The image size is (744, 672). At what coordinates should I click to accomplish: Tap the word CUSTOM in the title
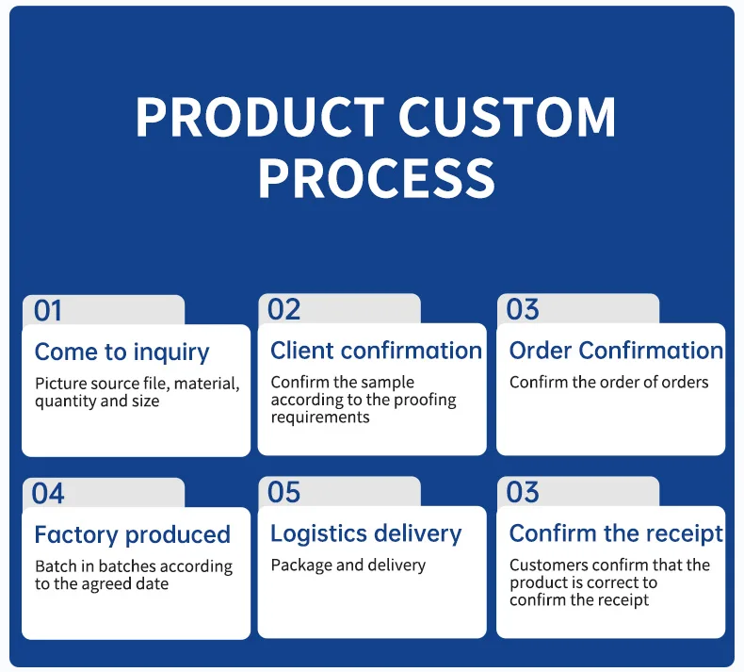click(507, 118)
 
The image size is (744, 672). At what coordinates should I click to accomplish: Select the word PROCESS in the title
click(376, 178)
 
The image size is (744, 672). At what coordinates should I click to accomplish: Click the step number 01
click(48, 310)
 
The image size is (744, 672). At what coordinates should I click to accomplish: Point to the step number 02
click(283, 309)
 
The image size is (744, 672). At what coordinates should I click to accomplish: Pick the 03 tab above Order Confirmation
click(523, 309)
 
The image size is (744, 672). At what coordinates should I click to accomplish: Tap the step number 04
click(48, 493)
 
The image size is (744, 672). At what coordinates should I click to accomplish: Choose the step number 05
click(283, 492)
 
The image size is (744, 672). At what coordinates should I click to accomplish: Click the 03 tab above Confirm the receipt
click(523, 492)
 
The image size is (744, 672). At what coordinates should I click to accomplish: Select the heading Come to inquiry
click(121, 352)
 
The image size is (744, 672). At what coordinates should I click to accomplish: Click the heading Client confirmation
click(376, 351)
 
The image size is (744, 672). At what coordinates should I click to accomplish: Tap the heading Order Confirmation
click(616, 351)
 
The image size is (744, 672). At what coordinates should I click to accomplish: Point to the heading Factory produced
click(132, 535)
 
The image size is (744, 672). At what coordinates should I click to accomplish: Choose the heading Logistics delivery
click(365, 533)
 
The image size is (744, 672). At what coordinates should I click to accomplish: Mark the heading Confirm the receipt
click(616, 533)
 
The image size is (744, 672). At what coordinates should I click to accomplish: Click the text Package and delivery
click(348, 565)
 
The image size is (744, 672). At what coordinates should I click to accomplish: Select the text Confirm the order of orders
click(608, 383)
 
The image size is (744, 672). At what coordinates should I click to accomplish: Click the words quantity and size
click(97, 402)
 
